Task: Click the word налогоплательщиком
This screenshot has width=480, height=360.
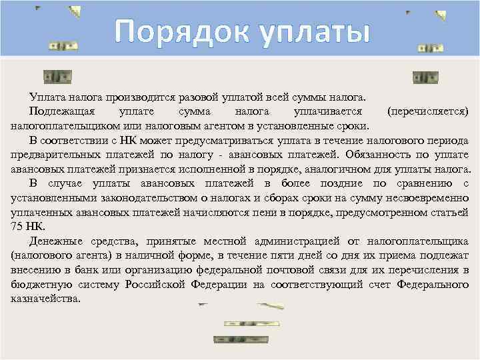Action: click(x=66, y=125)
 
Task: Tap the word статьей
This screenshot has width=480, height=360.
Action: click(x=450, y=213)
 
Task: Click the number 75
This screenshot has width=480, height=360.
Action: click(x=17, y=227)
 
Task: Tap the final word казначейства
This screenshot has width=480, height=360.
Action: click(x=46, y=299)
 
